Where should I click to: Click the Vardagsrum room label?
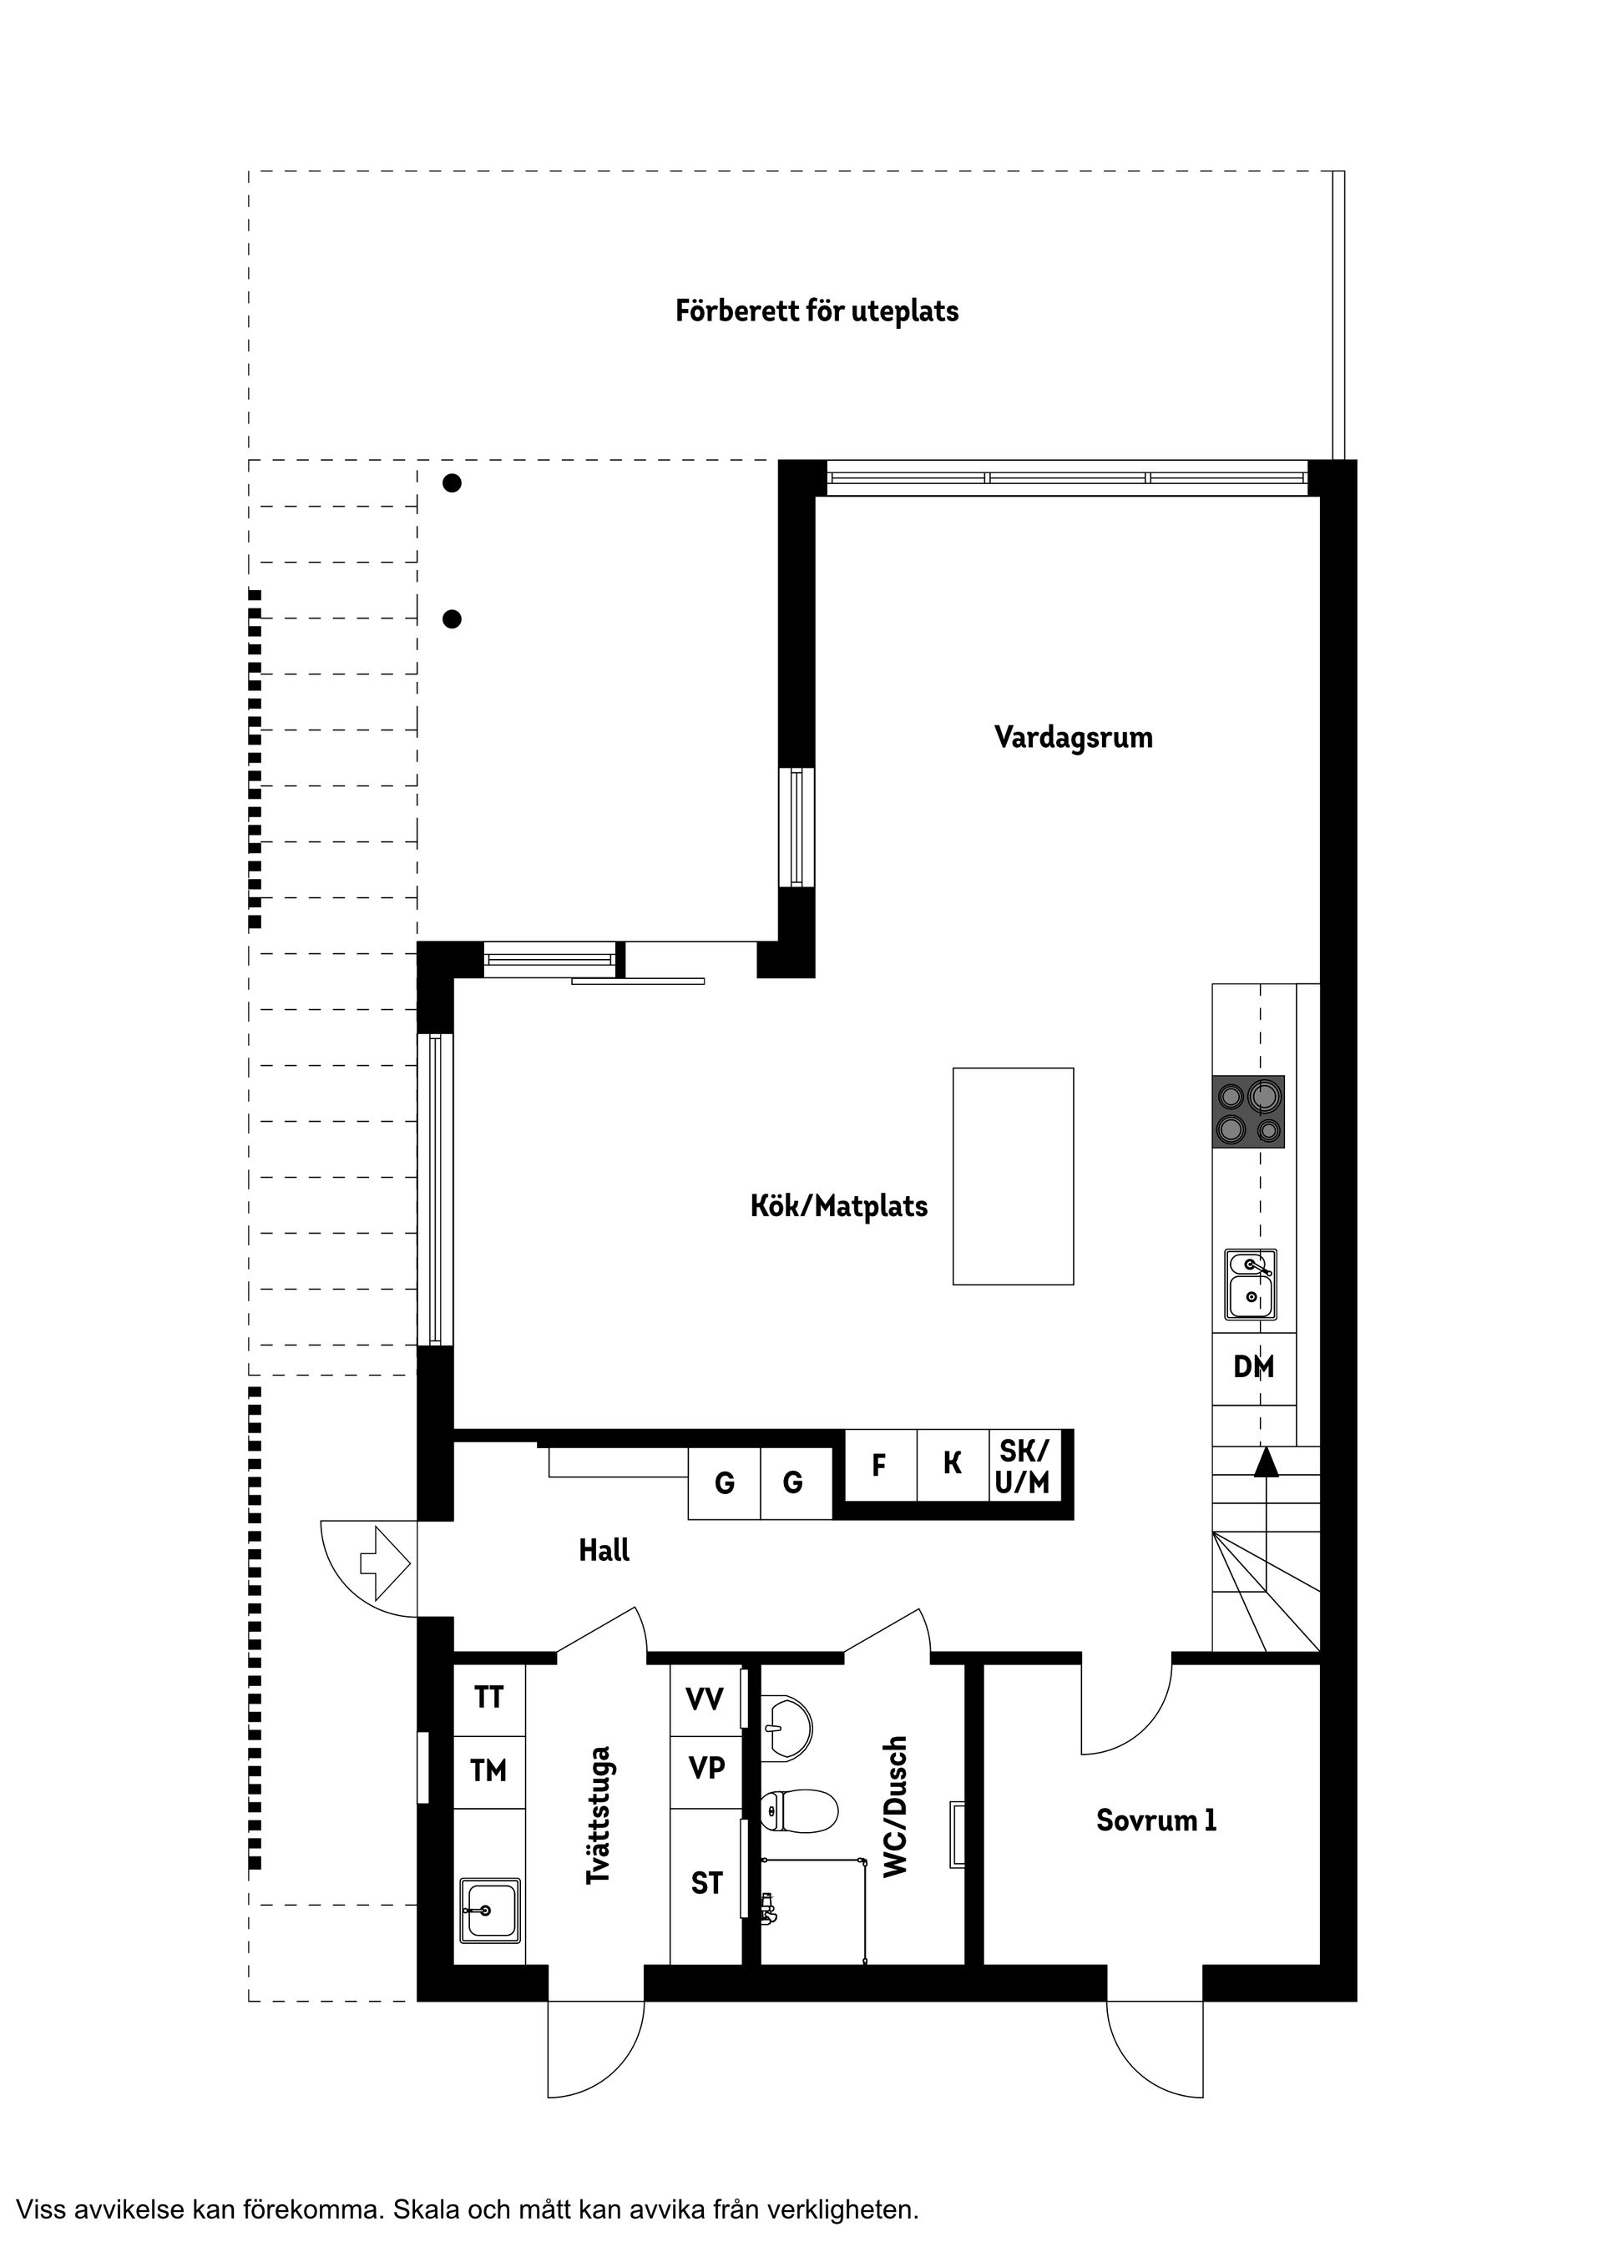[x=1073, y=738]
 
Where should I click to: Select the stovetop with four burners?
[x=1248, y=1111]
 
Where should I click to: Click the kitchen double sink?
[x=1251, y=1284]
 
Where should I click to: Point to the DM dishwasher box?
[x=1253, y=1367]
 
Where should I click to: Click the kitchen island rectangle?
[x=1013, y=1175]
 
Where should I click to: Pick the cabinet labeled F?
[x=878, y=1465]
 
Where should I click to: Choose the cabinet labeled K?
[x=952, y=1464]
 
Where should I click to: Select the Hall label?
[x=604, y=1550]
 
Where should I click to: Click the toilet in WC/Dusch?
[x=800, y=1809]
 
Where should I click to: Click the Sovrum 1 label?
[x=1155, y=1820]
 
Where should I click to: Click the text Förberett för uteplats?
[x=817, y=311]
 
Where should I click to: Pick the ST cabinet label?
[x=706, y=1883]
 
